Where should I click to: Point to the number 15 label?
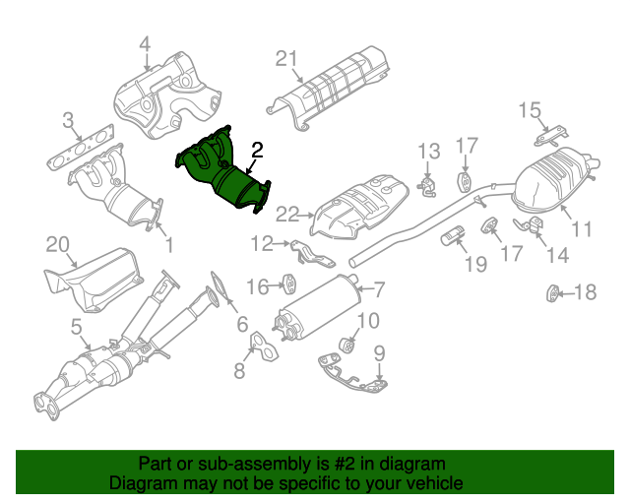(530, 109)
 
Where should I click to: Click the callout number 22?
(286, 213)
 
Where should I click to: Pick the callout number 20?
(57, 243)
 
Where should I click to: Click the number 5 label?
(76, 326)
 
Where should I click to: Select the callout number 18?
(585, 291)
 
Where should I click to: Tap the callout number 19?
(475, 263)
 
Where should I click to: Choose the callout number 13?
(429, 151)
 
